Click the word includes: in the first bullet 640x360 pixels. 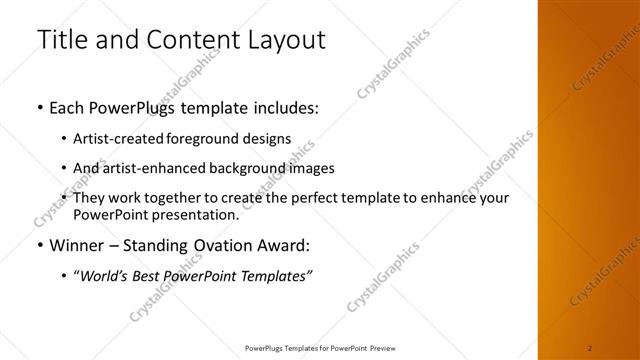[282, 107]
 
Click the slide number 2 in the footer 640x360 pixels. [590, 346]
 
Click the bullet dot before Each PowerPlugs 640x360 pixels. [40, 107]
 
